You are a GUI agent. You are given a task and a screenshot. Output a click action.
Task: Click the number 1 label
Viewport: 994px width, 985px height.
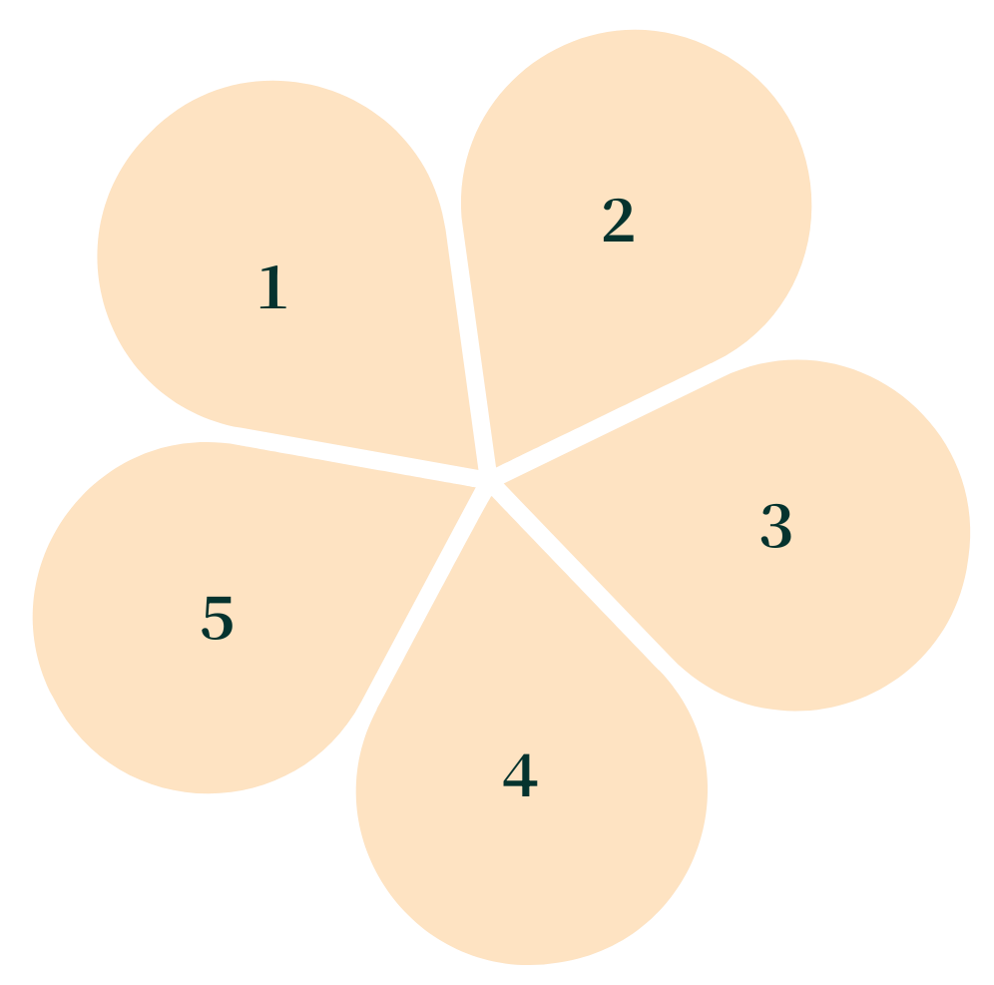tap(272, 288)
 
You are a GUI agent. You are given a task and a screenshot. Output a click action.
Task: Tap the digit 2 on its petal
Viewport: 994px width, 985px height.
tap(618, 221)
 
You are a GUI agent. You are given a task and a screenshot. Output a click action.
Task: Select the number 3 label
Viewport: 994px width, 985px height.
tap(775, 526)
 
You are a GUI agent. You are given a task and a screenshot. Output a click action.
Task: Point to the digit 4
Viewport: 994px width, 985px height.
tap(520, 776)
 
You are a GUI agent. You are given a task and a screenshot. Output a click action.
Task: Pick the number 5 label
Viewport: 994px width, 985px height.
tap(218, 619)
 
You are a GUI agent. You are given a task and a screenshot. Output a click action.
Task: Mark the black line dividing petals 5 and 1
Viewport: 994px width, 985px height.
tap(349, 449)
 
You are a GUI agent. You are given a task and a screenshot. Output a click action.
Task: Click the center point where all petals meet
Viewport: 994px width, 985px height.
tap(489, 479)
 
